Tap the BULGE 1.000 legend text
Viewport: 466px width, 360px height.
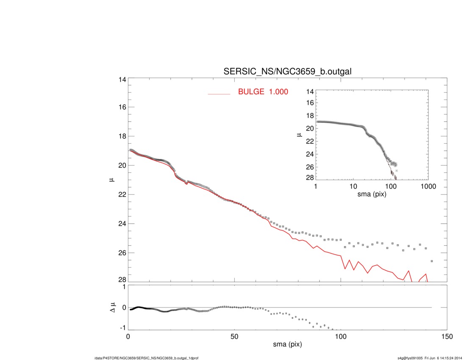[263, 91]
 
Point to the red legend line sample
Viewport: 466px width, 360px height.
[219, 94]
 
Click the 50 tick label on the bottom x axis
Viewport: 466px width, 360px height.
[234, 336]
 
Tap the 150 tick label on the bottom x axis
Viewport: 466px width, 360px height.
[447, 336]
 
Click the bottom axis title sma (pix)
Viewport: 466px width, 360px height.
[287, 345]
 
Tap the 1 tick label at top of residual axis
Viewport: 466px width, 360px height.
[124, 287]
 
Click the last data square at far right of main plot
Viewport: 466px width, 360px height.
[432, 261]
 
